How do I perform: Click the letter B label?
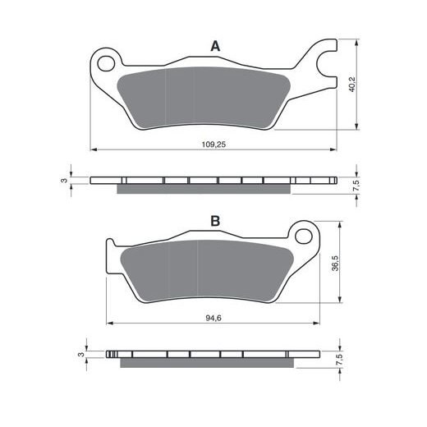[215, 221]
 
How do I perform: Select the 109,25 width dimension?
[213, 144]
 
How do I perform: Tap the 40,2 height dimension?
[352, 85]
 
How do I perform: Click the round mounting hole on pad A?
[104, 61]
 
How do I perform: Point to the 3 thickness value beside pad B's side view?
[80, 355]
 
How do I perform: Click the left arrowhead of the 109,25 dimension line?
[93, 150]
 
